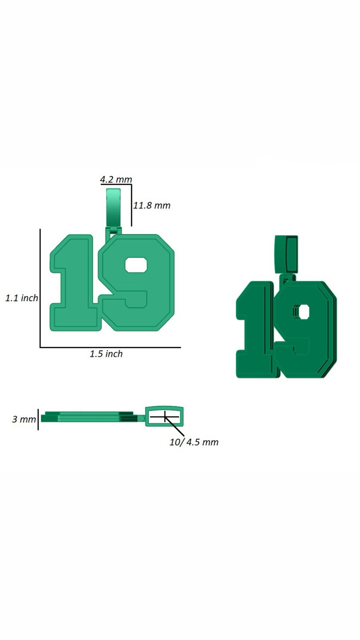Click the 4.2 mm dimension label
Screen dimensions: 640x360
[x=116, y=179]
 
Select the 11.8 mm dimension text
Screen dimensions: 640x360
[x=152, y=205]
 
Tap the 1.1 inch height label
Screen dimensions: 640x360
[x=22, y=298]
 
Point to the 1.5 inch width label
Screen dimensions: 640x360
[x=106, y=354]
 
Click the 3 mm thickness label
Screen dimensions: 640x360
[x=24, y=419]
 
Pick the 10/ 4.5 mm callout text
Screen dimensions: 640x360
[x=194, y=442]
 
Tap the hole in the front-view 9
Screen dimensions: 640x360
[x=136, y=265]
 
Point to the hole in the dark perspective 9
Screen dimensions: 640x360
[x=304, y=311]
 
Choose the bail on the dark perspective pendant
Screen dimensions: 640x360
[x=286, y=254]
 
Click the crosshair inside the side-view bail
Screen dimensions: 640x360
[x=165, y=417]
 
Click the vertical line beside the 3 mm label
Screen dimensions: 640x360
[x=38, y=419]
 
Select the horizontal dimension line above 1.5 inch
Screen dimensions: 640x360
[x=110, y=347]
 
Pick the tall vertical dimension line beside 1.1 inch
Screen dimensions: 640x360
[x=40, y=288]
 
